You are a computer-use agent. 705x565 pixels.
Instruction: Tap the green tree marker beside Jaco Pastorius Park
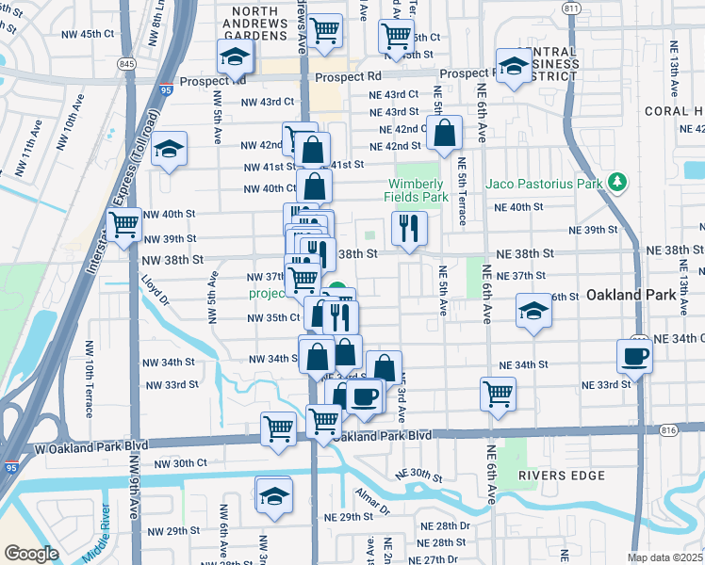[x=617, y=182]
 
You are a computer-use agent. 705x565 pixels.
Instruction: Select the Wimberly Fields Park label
[x=416, y=191]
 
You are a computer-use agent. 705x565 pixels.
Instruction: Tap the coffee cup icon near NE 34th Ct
[x=634, y=357]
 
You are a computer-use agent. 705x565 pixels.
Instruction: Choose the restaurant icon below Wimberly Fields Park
[x=409, y=227]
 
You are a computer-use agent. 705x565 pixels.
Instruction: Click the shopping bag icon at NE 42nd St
[x=444, y=134]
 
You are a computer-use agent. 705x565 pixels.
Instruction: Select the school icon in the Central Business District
[x=514, y=66]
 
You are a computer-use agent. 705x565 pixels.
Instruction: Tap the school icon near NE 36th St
[x=533, y=311]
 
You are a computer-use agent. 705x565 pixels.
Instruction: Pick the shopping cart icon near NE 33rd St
[x=497, y=393]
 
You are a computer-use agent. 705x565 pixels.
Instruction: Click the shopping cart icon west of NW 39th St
[x=123, y=226]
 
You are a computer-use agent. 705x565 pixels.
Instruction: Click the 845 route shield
[x=126, y=63]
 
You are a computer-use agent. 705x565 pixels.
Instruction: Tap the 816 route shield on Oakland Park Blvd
[x=669, y=429]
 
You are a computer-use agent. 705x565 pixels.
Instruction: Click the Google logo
[x=30, y=554]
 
